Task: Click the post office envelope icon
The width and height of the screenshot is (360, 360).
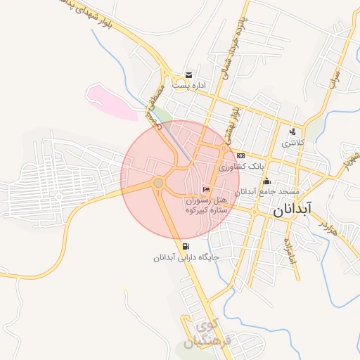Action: (188, 75)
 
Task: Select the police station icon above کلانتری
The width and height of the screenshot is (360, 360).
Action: (292, 131)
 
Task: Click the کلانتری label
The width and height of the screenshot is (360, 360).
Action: (295, 143)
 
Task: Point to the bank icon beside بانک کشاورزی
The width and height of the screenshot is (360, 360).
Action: (240, 155)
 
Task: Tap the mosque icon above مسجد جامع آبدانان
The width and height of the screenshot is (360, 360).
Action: (266, 181)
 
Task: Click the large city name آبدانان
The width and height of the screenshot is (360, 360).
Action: (295, 209)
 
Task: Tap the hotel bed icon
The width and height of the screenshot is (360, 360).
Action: (205, 189)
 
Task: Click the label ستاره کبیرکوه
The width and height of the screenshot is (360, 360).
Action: (204, 210)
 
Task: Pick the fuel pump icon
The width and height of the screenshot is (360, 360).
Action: (186, 246)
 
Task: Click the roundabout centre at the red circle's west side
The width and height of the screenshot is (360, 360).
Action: (158, 183)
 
